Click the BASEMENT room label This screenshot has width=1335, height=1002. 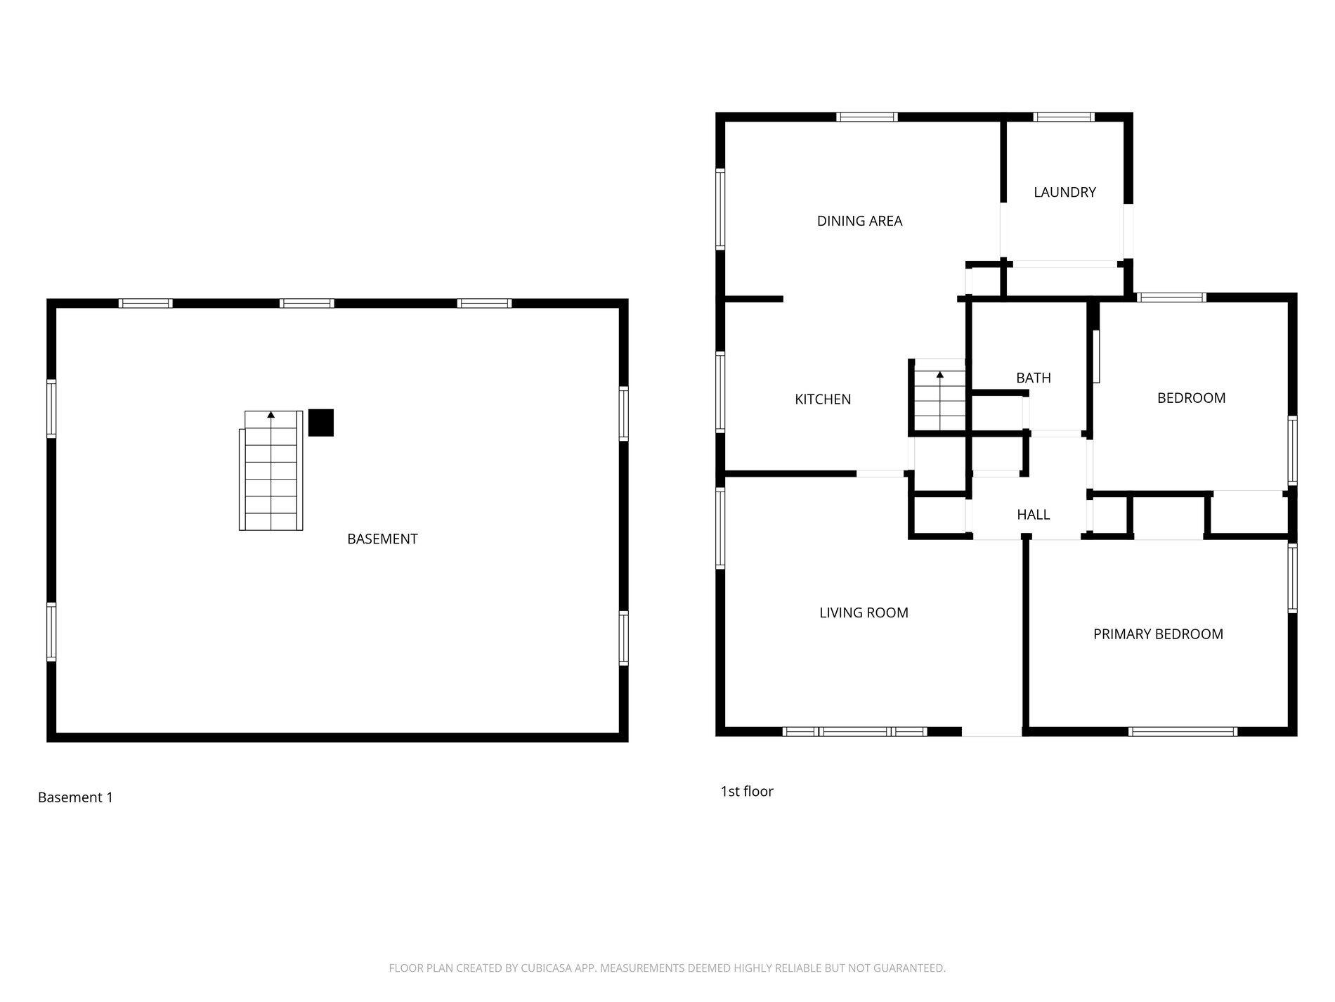click(382, 539)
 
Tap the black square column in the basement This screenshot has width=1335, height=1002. click(321, 423)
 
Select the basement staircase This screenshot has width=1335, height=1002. click(271, 471)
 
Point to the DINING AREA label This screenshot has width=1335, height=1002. click(859, 221)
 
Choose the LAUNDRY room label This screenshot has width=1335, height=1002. click(1064, 192)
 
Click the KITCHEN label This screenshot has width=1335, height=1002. click(823, 399)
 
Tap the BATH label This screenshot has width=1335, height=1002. click(1034, 378)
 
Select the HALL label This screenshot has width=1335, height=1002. click(1034, 515)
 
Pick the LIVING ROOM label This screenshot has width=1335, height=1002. click(864, 612)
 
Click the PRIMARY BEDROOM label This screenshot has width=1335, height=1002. click(1158, 634)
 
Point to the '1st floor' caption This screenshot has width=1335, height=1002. click(747, 791)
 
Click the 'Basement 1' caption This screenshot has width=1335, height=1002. click(75, 797)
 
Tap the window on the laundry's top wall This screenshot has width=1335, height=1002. click(1063, 117)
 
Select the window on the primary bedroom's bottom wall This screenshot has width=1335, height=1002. click(1183, 731)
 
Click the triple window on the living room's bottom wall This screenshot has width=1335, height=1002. click(854, 731)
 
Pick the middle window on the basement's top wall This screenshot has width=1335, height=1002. click(306, 304)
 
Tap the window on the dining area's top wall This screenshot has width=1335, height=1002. click(867, 117)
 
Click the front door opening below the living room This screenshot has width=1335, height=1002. click(991, 731)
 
